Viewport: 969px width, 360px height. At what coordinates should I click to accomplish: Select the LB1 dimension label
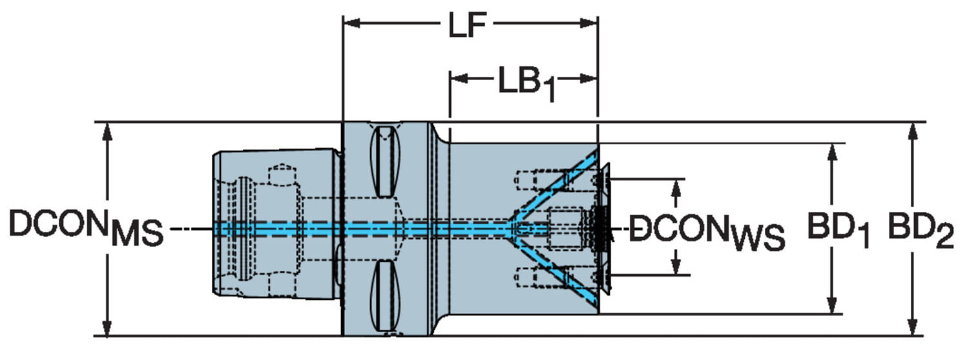click(527, 84)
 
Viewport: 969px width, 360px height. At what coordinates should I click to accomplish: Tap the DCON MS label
click(86, 228)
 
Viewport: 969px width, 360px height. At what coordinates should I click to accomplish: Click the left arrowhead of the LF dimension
click(351, 23)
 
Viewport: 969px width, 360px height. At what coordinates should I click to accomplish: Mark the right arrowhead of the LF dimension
click(589, 23)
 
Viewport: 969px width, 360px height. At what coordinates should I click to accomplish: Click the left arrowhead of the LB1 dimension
click(459, 79)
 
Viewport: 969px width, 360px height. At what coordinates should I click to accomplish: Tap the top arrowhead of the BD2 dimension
click(913, 131)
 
